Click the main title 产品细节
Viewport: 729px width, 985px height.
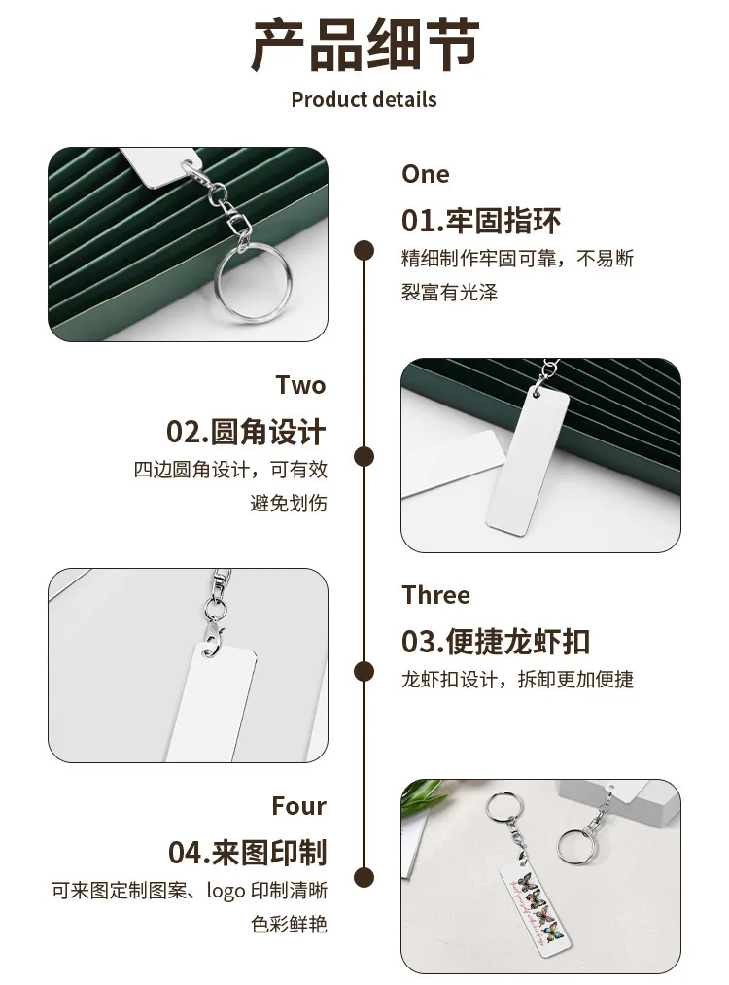[x=364, y=45]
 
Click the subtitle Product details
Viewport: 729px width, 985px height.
[x=364, y=100]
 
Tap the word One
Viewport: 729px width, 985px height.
[x=425, y=174]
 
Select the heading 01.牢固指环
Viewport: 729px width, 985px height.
[x=481, y=221]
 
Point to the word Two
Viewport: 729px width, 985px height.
[x=300, y=385]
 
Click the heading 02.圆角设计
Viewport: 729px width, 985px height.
[x=246, y=432]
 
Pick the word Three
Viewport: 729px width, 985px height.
[x=435, y=595]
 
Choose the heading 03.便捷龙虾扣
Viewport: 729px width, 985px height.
[x=496, y=642]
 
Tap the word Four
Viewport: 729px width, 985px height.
[x=298, y=806]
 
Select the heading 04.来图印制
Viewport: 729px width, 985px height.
[x=248, y=853]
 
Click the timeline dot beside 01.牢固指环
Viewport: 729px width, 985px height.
[x=364, y=251]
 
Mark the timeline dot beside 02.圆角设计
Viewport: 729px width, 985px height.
[x=364, y=457]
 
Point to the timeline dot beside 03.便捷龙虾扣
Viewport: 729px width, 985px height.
[x=364, y=672]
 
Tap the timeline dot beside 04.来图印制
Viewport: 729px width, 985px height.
[x=364, y=878]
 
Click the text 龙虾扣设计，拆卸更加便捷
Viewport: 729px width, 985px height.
[x=517, y=679]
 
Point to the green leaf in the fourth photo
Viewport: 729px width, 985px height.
[x=422, y=794]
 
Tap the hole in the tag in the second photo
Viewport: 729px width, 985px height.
[x=537, y=394]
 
